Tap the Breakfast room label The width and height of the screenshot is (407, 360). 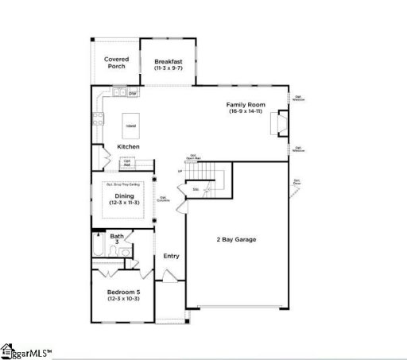click(169, 61)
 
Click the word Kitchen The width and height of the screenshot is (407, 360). click(128, 147)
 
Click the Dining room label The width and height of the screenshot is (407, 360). click(124, 195)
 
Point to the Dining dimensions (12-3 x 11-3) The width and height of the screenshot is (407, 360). click(124, 203)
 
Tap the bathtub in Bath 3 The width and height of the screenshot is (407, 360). click(97, 251)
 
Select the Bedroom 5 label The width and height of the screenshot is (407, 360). click(123, 292)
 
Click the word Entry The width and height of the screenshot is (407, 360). click(171, 256)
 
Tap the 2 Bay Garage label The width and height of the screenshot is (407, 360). click(236, 239)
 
